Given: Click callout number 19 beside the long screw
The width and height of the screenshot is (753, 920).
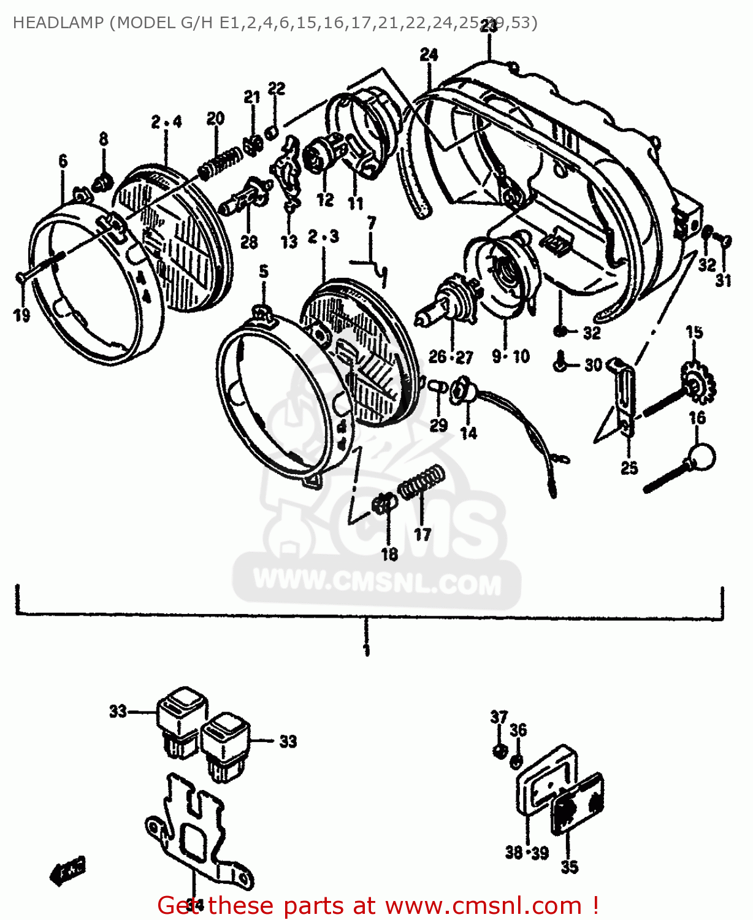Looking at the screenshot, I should point(21,316).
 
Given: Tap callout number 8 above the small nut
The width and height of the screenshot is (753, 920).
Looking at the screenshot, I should point(103,139).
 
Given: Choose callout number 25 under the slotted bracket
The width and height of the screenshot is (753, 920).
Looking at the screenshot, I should point(629,468).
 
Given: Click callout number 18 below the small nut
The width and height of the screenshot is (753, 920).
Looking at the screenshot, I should point(389,554).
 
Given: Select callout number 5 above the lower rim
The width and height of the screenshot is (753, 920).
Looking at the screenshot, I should point(264,272).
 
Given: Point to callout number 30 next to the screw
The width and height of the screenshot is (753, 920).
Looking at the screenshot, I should point(593,365).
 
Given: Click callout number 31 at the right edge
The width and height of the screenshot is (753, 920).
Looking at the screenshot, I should point(724,281).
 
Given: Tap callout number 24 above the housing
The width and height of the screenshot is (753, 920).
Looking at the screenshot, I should point(429,55).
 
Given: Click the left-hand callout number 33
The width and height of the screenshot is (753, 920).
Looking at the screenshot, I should point(118,711).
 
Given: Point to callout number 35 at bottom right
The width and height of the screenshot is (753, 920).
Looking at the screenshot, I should point(569,867).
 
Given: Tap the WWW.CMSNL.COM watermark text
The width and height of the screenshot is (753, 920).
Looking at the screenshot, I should point(377,583).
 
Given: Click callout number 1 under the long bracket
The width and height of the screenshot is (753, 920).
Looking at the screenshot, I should point(366,650).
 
